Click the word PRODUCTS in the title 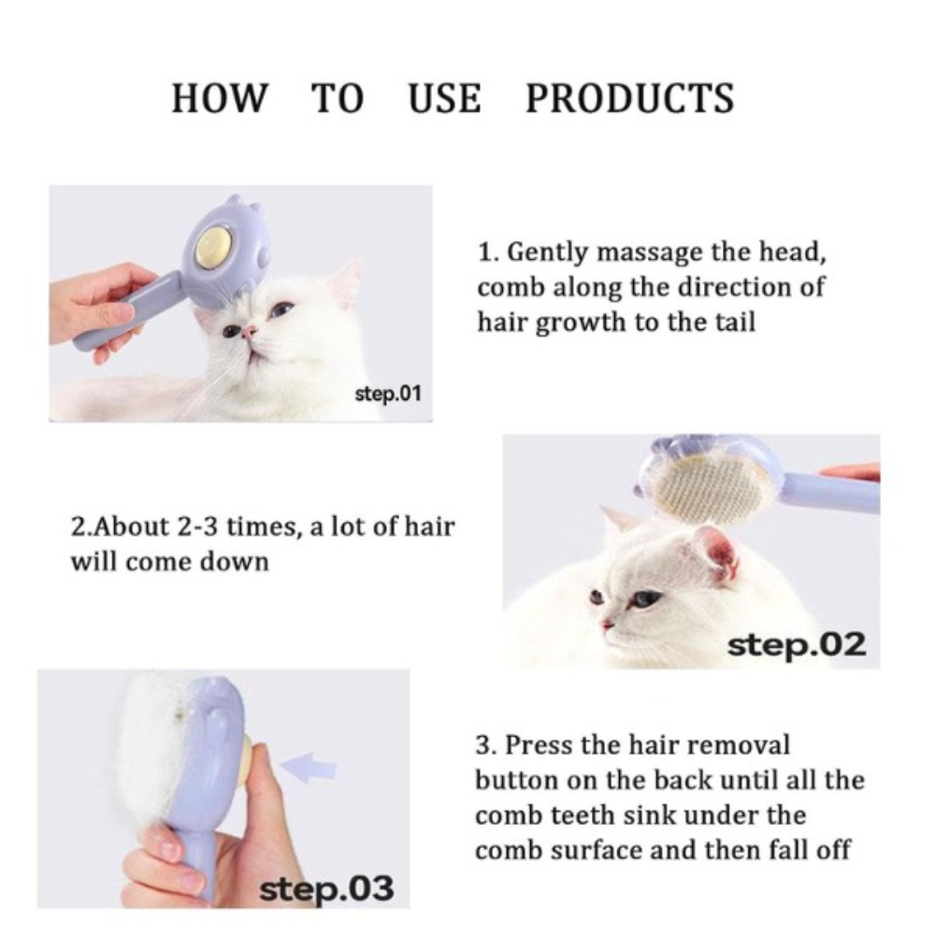pyautogui.click(x=629, y=98)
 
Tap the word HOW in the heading pyautogui.click(x=220, y=98)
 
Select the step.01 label pyautogui.click(x=388, y=394)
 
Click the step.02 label pyautogui.click(x=797, y=644)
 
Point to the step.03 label pyautogui.click(x=326, y=888)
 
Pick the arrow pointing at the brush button pyautogui.click(x=308, y=768)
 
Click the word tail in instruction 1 pyautogui.click(x=735, y=322)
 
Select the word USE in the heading pyautogui.click(x=445, y=98)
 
